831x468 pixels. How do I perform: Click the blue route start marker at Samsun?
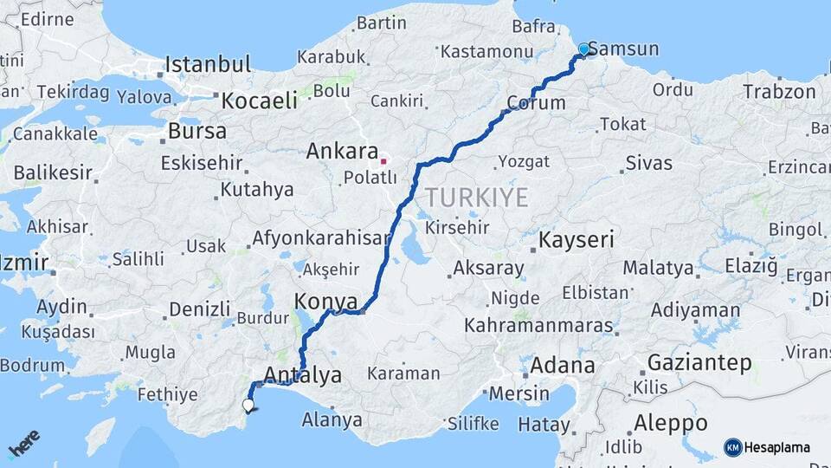[584, 49]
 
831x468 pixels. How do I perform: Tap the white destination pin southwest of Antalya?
[248, 405]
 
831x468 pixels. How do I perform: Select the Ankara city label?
[343, 152]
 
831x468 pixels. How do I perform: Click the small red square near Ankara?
[383, 161]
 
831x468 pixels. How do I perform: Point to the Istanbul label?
[208, 64]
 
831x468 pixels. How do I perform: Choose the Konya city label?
[326, 302]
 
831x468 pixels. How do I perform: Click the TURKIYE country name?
[476, 198]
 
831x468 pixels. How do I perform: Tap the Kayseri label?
[577, 240]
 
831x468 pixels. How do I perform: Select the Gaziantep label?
[699, 362]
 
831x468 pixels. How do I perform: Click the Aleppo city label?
[670, 423]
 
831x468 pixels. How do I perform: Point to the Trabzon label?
[779, 91]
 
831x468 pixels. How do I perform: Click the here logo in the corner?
[25, 443]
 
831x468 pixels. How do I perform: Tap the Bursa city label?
[196, 132]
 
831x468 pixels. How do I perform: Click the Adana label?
[562, 365]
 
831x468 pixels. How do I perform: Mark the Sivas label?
[648, 162]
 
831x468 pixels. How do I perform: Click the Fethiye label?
[168, 395]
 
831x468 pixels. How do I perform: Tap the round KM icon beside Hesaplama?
[733, 447]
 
